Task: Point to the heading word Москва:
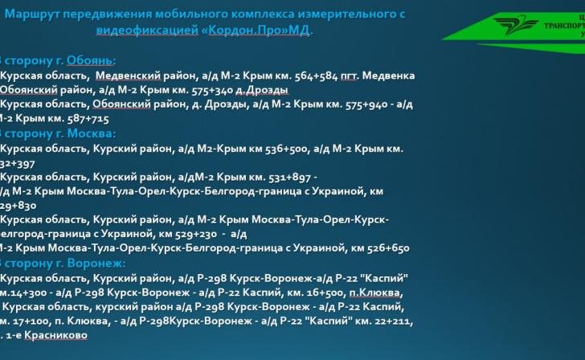(x=92, y=133)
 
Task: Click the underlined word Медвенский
(x=125, y=75)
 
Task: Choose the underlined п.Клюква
(x=374, y=292)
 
